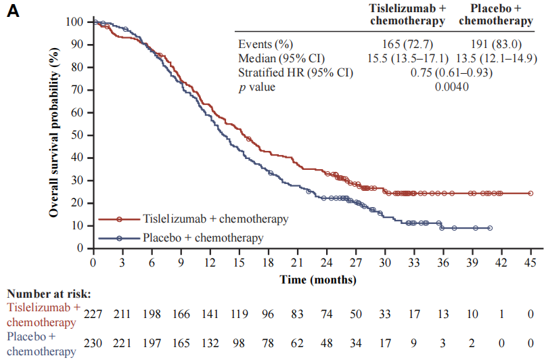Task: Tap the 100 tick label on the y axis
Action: point(74,22)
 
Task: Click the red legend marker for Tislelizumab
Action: point(119,219)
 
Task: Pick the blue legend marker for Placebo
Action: point(119,238)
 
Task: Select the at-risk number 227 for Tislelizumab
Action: point(93,313)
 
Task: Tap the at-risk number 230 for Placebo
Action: point(93,343)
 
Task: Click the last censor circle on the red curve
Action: point(530,193)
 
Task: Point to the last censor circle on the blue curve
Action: point(489,228)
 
